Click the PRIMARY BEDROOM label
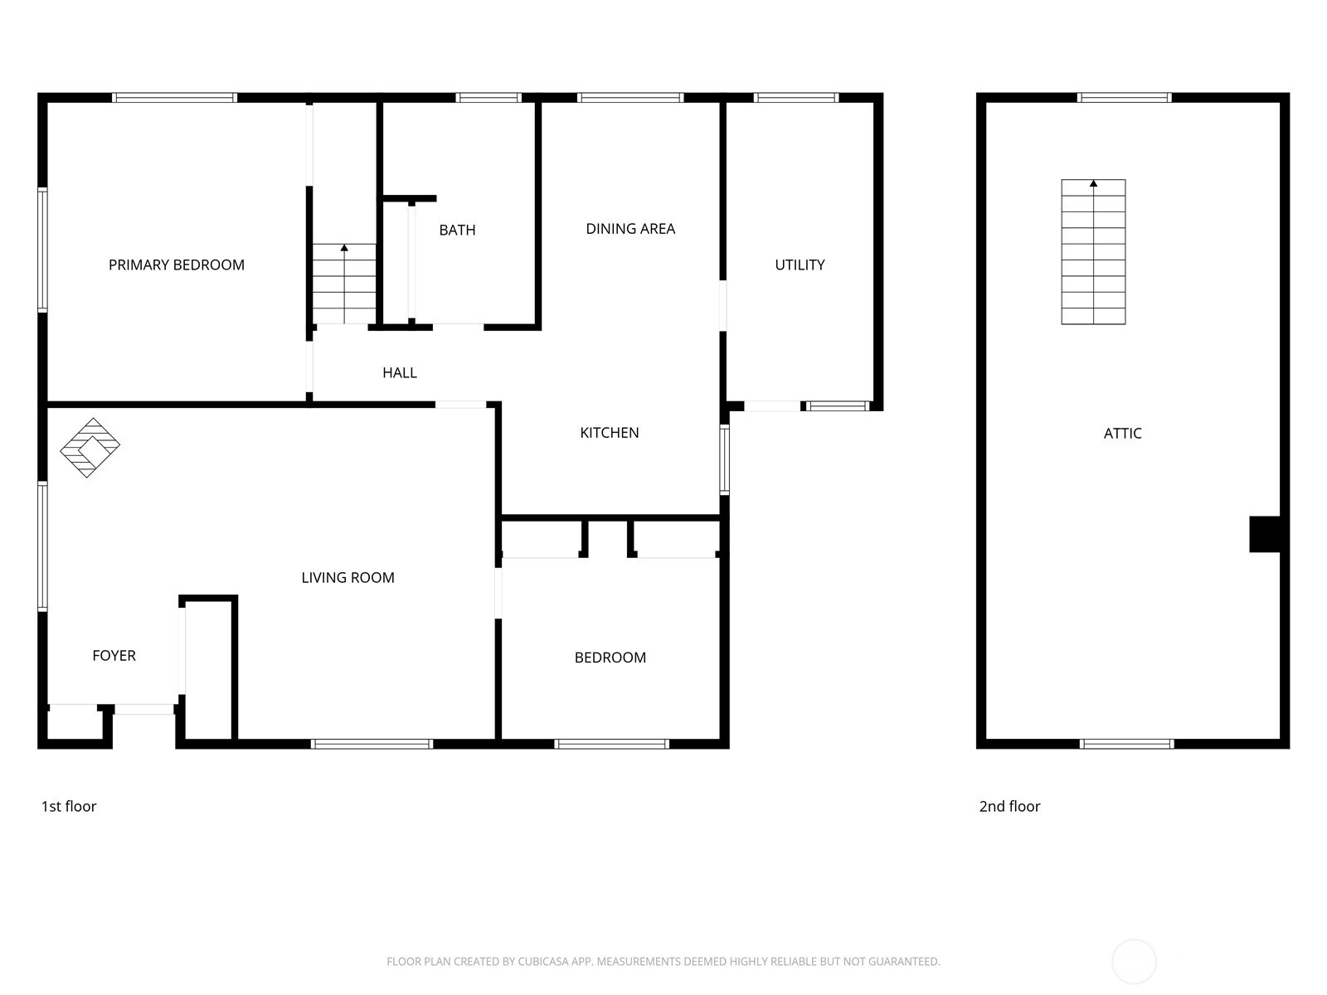coord(177,265)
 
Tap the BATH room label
coord(457,231)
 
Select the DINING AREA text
coord(630,229)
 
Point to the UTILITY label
coord(800,265)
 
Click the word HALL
coord(400,373)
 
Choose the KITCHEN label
coord(610,433)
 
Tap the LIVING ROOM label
coord(348,578)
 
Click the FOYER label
coord(114,656)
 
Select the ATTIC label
coord(1122,434)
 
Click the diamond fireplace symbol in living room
coord(90,448)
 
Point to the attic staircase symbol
coord(1093,252)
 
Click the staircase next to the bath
coord(344,284)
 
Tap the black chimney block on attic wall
coord(1265,534)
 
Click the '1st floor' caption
coord(69,807)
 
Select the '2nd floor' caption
coord(1009,807)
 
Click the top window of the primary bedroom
coord(174,98)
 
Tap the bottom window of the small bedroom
coord(611,744)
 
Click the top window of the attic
coord(1124,98)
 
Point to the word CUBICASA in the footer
coord(544,962)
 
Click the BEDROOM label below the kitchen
coord(610,658)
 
